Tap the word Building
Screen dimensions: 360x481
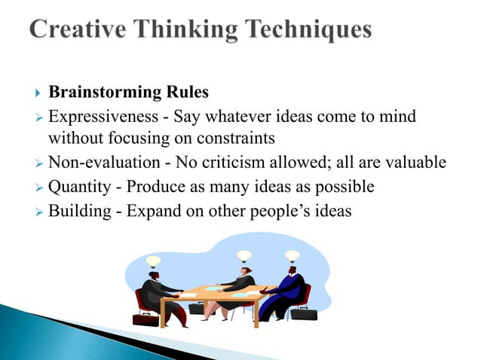pyautogui.click(x=77, y=210)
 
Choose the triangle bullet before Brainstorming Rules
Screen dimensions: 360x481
pyautogui.click(x=38, y=93)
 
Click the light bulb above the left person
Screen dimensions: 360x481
pyautogui.click(x=154, y=261)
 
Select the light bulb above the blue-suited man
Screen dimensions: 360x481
pyautogui.click(x=292, y=257)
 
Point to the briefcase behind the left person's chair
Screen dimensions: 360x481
pyautogui.click(x=145, y=318)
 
